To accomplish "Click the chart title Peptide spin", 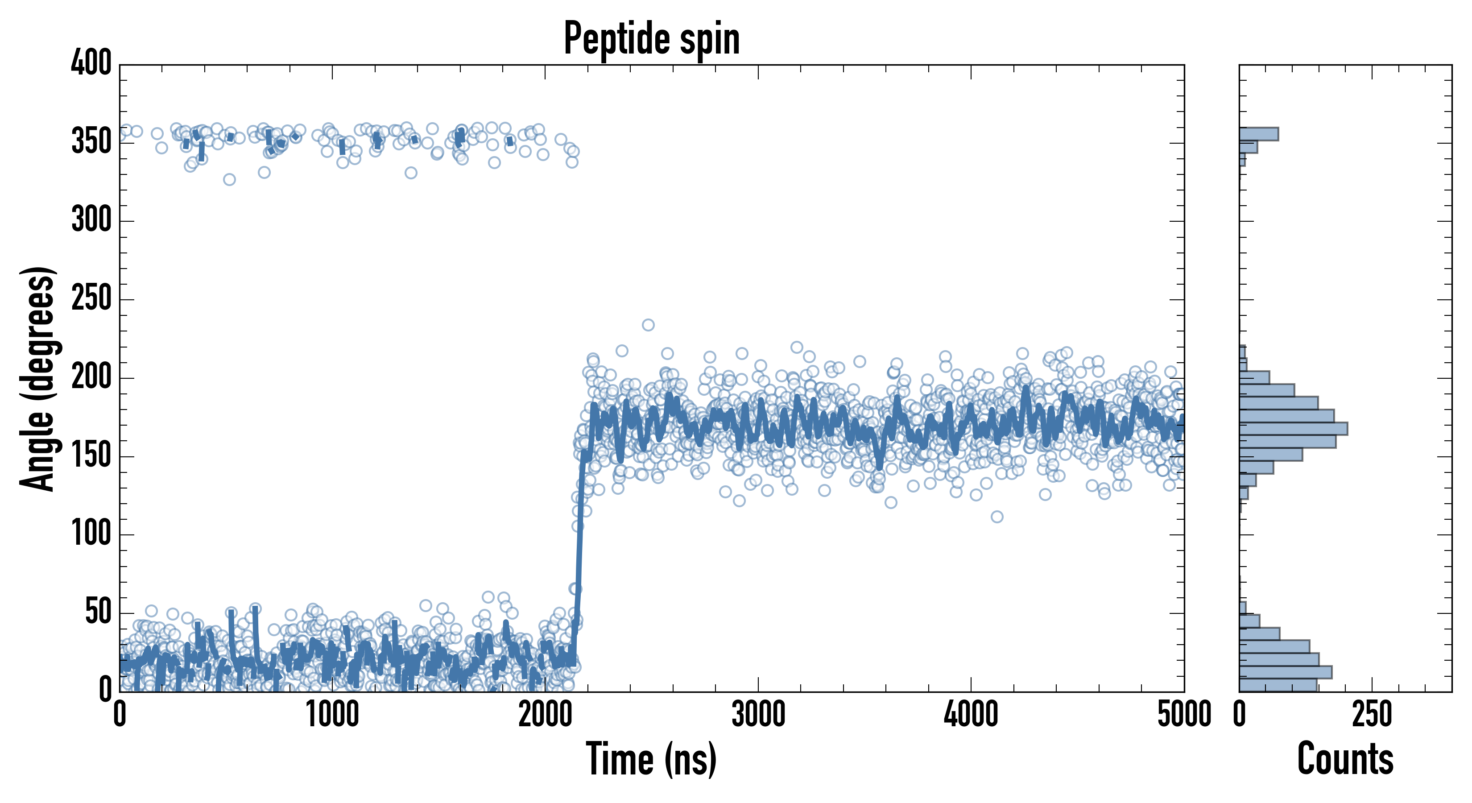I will [651, 39].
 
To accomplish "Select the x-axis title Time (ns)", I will [651, 759].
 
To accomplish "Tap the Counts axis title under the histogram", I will [1345, 759].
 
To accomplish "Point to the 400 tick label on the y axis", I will [91, 63].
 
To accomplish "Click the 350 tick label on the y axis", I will [91, 142].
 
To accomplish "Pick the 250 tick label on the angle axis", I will [91, 299].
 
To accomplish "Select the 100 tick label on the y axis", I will [91, 534].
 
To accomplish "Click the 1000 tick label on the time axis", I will [333, 714].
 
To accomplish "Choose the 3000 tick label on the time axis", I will [758, 714].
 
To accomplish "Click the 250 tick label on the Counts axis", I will [1372, 714].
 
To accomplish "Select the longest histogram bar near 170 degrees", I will [1293, 429].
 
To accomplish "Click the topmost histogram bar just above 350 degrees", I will [1259, 134].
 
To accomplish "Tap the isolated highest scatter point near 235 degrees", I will [648, 325].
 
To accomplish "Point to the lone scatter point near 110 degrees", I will [997, 517].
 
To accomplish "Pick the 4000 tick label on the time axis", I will [971, 714].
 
